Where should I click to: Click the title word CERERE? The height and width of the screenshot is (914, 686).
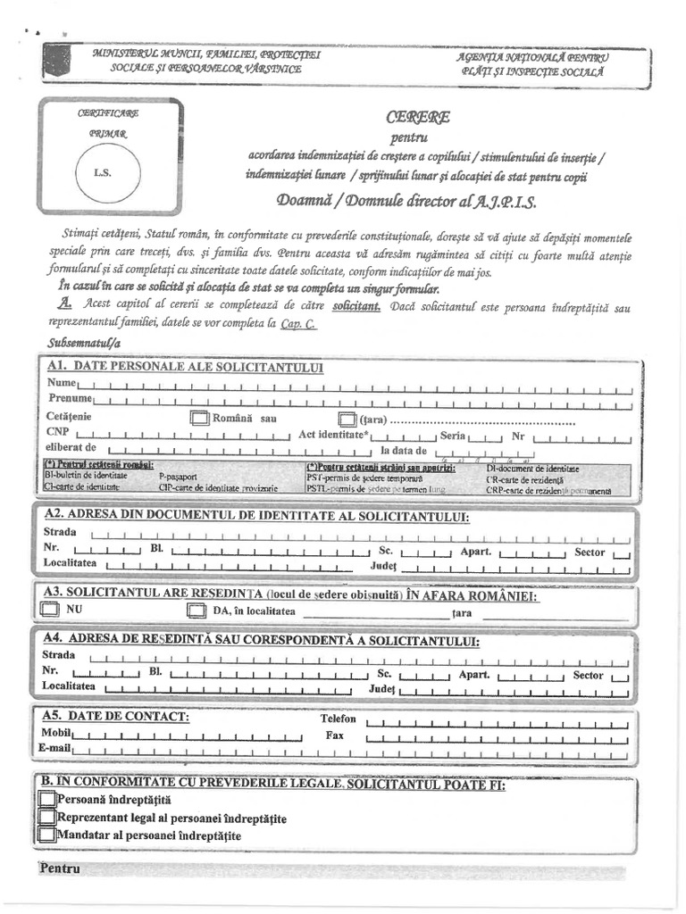[418, 117]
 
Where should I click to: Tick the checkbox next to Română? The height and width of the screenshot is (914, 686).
[198, 418]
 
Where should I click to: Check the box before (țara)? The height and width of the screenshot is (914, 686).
[347, 419]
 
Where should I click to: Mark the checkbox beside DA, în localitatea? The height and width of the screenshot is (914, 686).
[197, 611]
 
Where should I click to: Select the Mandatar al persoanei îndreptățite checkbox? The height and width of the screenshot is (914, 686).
[47, 835]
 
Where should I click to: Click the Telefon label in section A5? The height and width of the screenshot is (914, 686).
[338, 719]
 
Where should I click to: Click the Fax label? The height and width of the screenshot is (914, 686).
[335, 736]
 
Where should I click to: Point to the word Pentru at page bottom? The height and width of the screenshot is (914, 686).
[60, 868]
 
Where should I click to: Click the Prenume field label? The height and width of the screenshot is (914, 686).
[71, 397]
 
